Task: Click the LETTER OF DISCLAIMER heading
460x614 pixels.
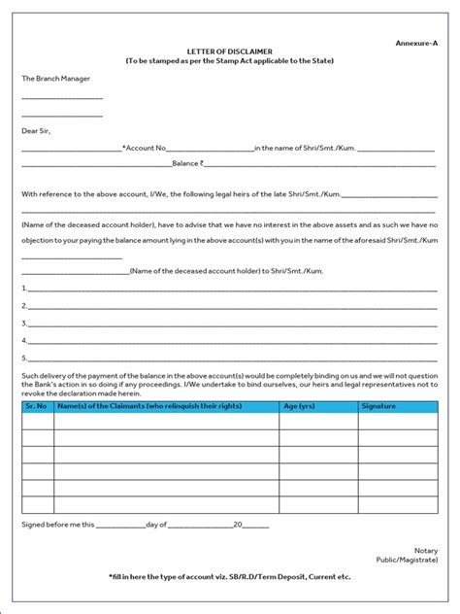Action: (x=229, y=51)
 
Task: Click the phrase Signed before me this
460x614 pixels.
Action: (x=58, y=525)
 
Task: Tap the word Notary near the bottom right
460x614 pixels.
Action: (x=426, y=550)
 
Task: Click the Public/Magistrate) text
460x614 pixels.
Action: (x=407, y=561)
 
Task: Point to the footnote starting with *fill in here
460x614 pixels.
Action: (x=229, y=576)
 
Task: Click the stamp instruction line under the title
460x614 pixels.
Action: (x=229, y=61)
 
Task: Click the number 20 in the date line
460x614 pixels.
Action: (x=238, y=525)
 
